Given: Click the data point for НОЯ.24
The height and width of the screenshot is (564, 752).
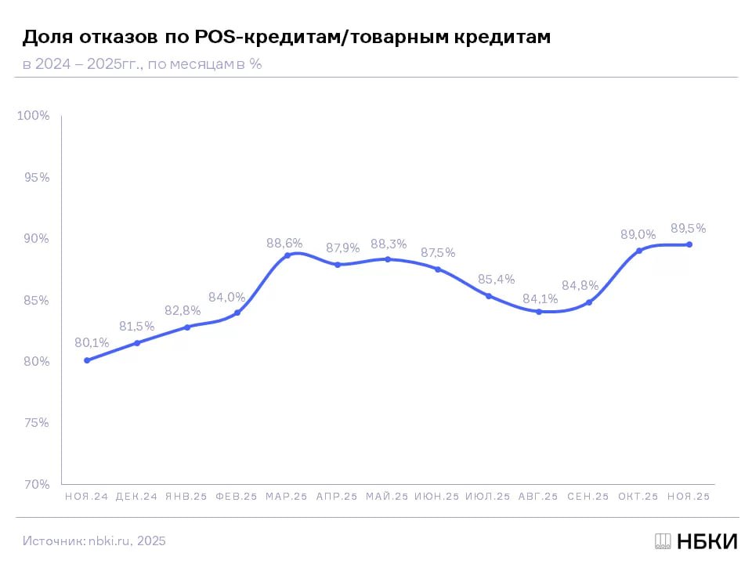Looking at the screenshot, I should pos(87,360).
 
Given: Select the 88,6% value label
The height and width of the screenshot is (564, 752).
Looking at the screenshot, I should pos(284,244).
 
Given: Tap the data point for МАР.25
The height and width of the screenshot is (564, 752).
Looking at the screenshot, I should pos(287,255).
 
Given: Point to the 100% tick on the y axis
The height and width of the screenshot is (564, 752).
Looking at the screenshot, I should pos(34,116).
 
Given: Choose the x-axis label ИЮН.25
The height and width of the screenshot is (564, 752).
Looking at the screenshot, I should pos(437,497).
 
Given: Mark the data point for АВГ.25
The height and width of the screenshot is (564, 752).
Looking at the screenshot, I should pos(539,312).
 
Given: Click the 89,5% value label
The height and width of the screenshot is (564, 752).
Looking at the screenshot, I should pos(688,229).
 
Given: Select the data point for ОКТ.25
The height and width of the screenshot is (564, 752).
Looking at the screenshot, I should pos(639,251).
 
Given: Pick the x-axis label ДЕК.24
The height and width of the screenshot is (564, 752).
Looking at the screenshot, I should pos(136,497).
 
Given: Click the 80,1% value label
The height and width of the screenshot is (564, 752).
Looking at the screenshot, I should pos(92,342).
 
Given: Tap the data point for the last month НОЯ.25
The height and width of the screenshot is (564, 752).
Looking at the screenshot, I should pos(689,244).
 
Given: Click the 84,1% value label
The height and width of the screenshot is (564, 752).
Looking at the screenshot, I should pos(541,298).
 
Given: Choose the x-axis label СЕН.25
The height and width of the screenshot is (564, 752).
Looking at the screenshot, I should pos(587,497).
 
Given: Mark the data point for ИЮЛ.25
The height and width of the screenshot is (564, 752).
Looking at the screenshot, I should pos(489,296).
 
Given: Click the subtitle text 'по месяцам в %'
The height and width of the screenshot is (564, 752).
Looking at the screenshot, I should pos(204,64).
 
